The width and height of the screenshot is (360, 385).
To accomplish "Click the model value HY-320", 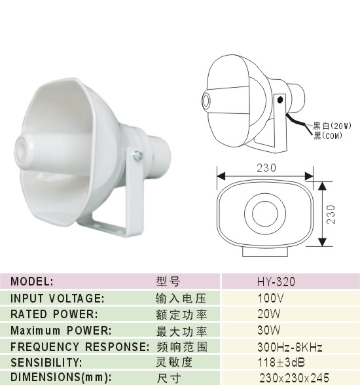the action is coord(276,282).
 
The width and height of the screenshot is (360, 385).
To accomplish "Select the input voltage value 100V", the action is coord(270,299).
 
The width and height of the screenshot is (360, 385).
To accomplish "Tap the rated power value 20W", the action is coord(269,314).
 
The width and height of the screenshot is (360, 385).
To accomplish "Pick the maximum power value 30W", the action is coord(269,330).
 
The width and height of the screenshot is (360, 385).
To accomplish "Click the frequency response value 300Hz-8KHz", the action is coord(289,347).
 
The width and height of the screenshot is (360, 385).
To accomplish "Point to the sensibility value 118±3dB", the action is coord(281,362).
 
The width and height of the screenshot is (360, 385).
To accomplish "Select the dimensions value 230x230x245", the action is coord(295,378).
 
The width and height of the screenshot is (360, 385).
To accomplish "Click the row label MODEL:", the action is coord(32,282).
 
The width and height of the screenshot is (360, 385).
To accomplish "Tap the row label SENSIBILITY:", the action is coord(46,363).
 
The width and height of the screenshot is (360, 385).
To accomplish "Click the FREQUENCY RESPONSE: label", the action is coord(80,347).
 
